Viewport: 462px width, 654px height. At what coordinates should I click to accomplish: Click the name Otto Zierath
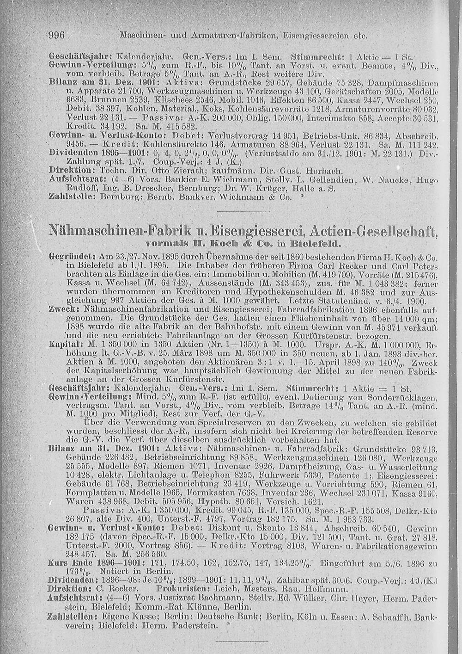pos(157,170)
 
